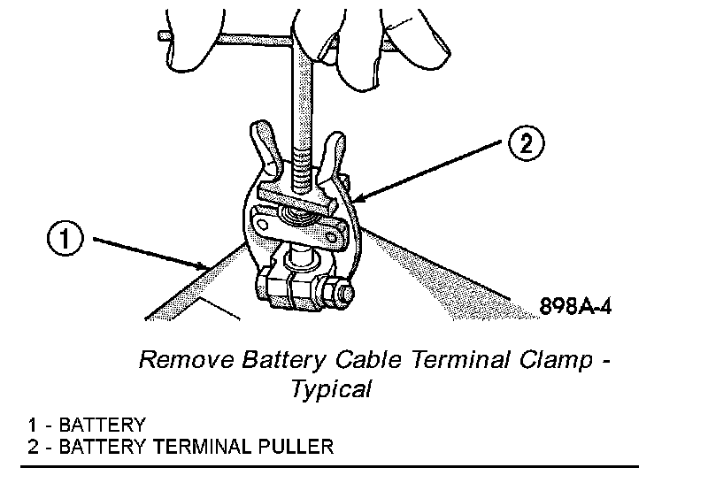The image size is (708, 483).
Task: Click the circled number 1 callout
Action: coord(67,238)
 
